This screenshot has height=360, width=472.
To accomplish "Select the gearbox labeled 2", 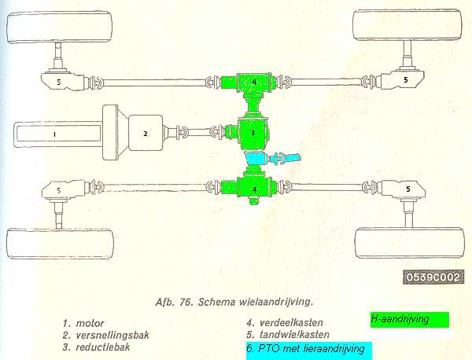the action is [x=146, y=134].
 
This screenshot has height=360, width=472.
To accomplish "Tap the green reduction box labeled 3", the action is [x=253, y=133].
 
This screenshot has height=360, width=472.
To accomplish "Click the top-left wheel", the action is [x=60, y=27].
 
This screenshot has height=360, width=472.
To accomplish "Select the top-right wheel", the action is [x=407, y=25].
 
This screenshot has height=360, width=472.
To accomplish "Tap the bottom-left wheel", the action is [x=61, y=244].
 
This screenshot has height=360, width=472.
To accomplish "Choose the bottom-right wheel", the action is [x=409, y=243].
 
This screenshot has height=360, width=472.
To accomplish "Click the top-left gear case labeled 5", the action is [x=64, y=81].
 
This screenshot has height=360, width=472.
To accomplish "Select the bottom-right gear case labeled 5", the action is [x=404, y=189].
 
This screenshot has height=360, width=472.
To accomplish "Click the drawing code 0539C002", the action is [x=433, y=277].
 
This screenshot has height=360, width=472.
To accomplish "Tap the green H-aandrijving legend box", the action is [x=410, y=320].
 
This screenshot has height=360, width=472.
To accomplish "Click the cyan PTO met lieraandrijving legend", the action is [x=309, y=351].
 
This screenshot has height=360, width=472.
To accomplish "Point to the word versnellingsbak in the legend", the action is [x=112, y=335].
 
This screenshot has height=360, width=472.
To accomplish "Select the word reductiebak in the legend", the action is [x=103, y=347].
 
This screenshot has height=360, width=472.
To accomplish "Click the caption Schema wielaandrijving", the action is [x=256, y=302].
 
